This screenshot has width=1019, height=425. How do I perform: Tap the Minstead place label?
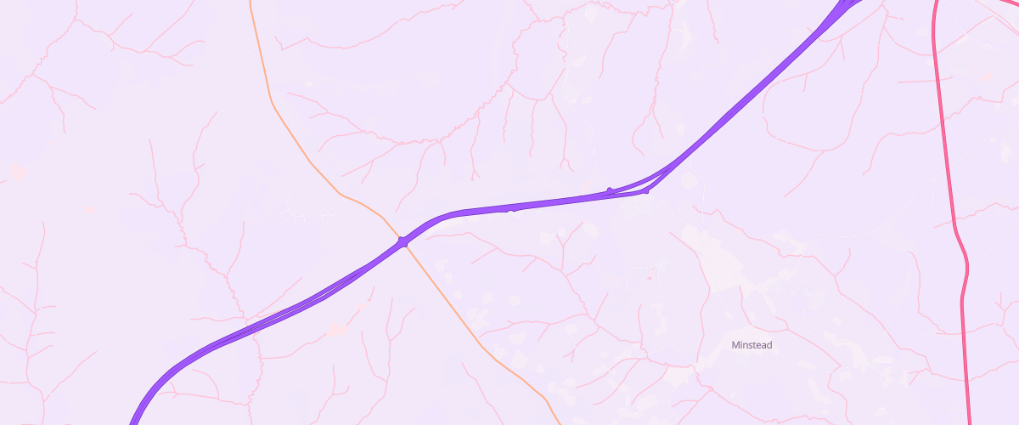[x=752, y=345]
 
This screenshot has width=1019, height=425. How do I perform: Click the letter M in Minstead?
[x=735, y=345]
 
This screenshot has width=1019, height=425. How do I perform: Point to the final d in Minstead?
[x=768, y=345]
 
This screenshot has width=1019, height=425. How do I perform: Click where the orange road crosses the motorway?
[x=403, y=242]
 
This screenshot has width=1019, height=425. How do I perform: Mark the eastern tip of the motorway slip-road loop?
[x=645, y=190]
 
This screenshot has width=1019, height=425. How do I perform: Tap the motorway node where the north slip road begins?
[x=610, y=190]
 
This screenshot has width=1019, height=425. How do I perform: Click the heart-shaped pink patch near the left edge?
[x=18, y=172]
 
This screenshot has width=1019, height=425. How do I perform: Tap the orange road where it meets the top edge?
[x=251, y=3]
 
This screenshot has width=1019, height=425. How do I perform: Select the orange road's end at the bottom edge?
[x=558, y=421]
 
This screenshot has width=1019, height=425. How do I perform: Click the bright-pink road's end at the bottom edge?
[x=970, y=421]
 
